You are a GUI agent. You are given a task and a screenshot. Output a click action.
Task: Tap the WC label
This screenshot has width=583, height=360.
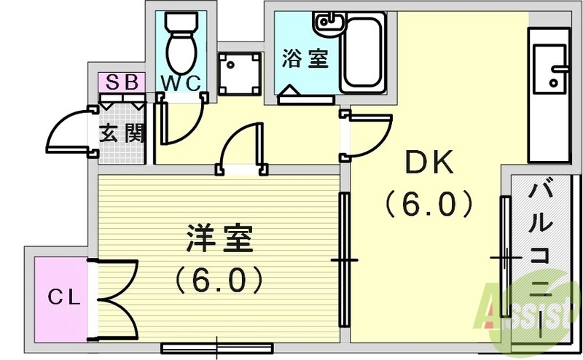coord(180,83)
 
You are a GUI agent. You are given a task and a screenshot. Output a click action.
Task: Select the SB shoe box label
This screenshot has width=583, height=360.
coord(122,81)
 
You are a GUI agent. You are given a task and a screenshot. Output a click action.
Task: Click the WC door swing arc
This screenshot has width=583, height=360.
coord(182,128)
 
